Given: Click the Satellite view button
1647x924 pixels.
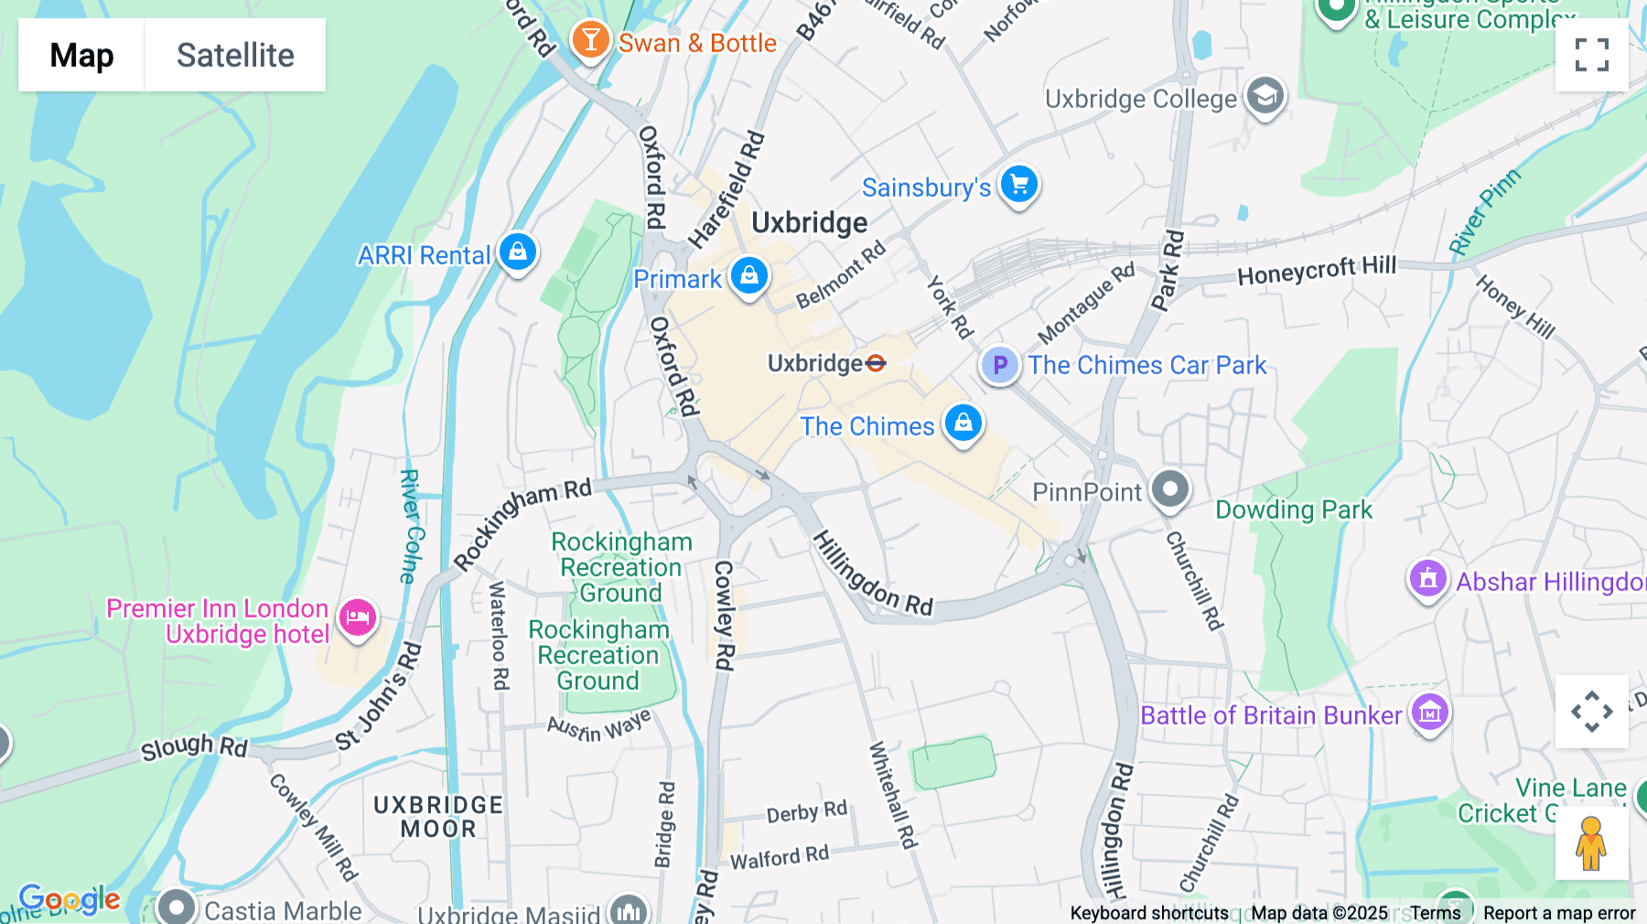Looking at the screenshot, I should (235, 55).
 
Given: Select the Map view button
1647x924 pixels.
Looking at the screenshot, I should (81, 55).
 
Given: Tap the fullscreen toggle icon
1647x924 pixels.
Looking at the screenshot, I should (1591, 55).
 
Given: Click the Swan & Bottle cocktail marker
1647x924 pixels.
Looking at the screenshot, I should (590, 40).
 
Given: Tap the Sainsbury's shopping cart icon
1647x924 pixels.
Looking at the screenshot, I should (1018, 185).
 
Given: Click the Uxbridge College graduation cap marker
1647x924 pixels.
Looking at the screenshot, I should (1265, 95).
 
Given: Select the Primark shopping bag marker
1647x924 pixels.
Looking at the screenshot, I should (749, 274).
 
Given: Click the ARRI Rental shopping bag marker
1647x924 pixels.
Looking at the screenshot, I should (518, 251).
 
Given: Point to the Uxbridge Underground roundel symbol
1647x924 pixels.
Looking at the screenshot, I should (876, 363).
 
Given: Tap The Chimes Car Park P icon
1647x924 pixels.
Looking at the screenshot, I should (1000, 365).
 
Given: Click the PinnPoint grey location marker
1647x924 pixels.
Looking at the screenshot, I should (1169, 489).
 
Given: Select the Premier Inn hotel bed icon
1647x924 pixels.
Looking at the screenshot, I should (357, 618).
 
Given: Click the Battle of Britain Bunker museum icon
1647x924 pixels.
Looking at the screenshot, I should (1429, 713).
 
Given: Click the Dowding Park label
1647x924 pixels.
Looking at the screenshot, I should (1293, 510).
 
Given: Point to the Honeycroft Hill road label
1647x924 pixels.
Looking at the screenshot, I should (1316, 270).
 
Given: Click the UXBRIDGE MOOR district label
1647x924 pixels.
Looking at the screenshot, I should (438, 817).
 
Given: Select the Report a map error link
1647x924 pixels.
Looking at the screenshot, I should (1558, 912).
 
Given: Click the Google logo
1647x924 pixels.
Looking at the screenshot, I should (70, 899).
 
